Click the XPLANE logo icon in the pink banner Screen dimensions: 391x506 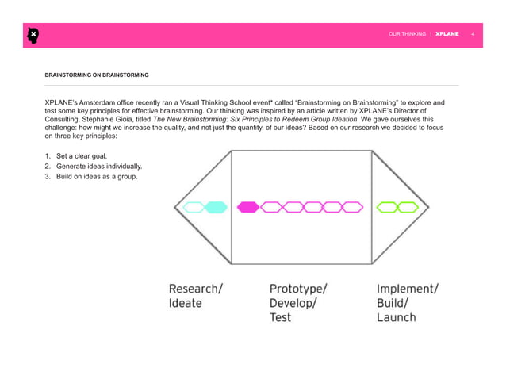33,35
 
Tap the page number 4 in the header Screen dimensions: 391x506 473,35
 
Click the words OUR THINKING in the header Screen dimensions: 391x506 407,35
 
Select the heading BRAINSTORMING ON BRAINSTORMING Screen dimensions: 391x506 96,75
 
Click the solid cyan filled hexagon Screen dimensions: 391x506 216,208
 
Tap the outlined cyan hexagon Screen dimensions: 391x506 194,208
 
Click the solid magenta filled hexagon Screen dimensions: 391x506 248,208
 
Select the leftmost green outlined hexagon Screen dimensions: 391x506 386,208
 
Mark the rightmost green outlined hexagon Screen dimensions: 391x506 408,208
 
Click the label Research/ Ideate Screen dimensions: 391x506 195,296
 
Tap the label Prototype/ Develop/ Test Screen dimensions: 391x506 297,303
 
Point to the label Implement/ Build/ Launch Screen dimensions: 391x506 406,303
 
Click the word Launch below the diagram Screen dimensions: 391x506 396,317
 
